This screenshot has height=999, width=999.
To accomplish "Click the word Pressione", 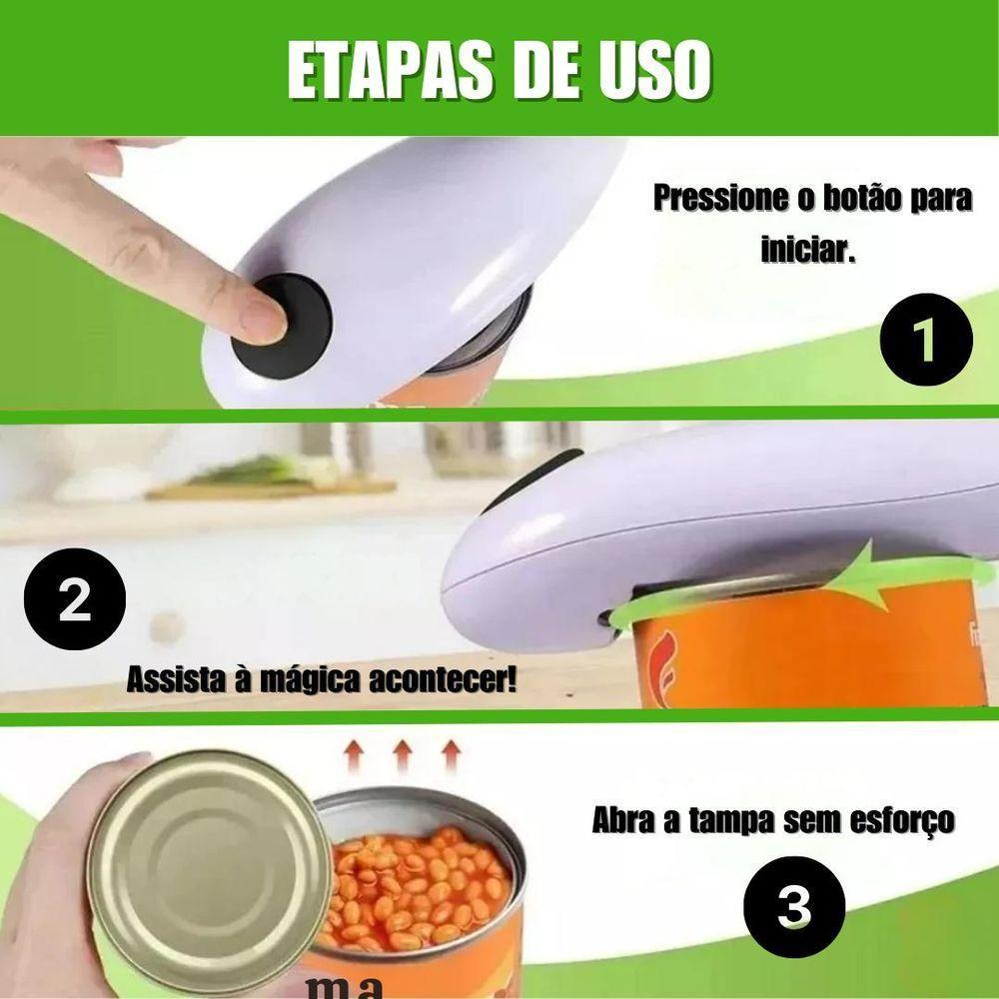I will click(719, 198).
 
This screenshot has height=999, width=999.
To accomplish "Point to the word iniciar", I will click(808, 249).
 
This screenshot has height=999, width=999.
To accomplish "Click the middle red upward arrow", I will click(402, 755).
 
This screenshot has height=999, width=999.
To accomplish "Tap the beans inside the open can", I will click(420, 884).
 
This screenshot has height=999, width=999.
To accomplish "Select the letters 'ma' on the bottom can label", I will click(344, 987).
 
